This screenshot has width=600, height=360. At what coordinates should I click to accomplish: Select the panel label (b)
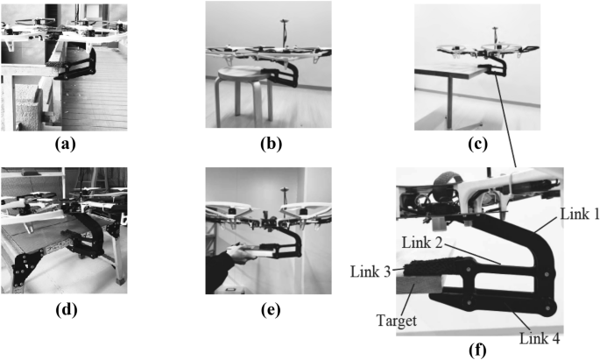click(x=272, y=145)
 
